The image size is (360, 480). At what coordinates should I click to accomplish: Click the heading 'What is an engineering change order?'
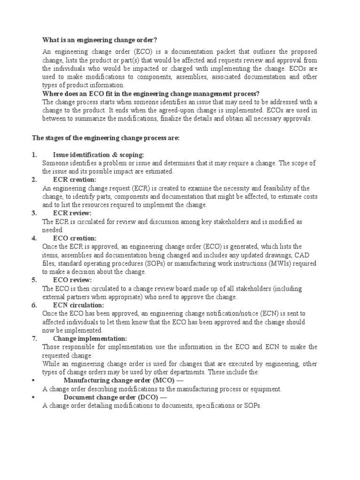tap(99, 40)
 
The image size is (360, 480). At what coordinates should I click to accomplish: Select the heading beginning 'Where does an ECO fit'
tap(150, 94)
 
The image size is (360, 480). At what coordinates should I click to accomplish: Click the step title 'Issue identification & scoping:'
tap(98, 155)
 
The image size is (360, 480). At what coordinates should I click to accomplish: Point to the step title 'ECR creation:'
tap(75, 180)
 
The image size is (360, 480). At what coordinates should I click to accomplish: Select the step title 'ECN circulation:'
tap(79, 305)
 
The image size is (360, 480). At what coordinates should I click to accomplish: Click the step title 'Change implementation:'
tap(90, 338)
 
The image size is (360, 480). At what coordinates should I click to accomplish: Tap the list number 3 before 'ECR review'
tap(34, 213)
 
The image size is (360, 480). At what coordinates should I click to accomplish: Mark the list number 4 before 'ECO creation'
tap(34, 238)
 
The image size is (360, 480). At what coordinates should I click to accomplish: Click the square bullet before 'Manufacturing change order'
tap(33, 380)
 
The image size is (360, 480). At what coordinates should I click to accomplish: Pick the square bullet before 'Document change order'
tap(33, 397)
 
